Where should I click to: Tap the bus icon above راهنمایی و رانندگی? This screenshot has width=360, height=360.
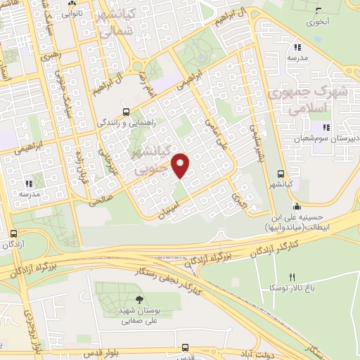[126, 111]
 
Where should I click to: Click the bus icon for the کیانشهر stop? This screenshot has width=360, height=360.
[281, 174]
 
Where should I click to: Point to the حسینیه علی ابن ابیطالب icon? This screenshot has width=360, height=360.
[297, 207]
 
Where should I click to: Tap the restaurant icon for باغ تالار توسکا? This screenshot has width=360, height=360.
[293, 276]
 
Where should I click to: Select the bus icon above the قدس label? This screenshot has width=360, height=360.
[184, 347]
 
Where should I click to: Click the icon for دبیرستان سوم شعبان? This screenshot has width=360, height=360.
[325, 127]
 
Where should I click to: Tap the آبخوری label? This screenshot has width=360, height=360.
[319, 22]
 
